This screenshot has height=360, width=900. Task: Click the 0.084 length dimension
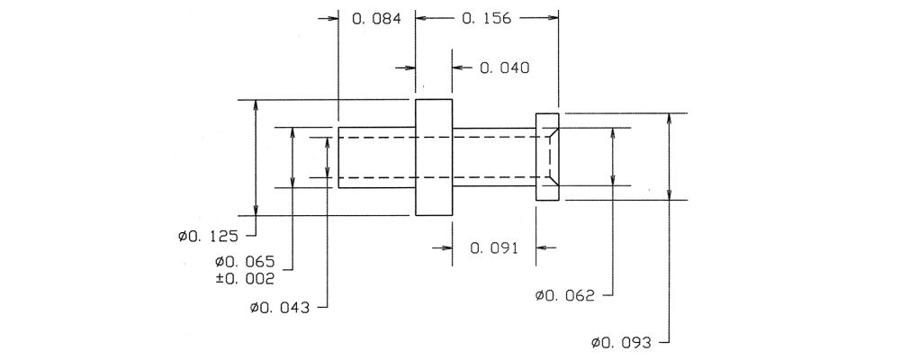(x=375, y=18)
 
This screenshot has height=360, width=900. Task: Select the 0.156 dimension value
(x=486, y=18)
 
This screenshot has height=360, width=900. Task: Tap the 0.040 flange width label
(x=505, y=68)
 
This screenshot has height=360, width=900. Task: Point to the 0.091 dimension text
(x=494, y=248)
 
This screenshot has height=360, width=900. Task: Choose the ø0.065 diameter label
(x=245, y=263)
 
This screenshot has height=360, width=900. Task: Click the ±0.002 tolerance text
(x=245, y=279)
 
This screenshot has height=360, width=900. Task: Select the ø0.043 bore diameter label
(x=280, y=309)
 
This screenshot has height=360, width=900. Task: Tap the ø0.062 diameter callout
(x=565, y=296)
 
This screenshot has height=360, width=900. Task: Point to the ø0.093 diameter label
(x=622, y=343)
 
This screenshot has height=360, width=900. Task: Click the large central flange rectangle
(x=434, y=157)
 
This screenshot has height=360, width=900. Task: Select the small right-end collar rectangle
(x=547, y=157)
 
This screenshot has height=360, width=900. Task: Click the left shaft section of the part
(x=376, y=157)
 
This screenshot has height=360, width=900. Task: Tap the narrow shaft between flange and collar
(x=493, y=157)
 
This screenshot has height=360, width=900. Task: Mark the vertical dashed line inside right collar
(x=550, y=157)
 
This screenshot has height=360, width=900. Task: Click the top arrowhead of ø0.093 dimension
(x=670, y=119)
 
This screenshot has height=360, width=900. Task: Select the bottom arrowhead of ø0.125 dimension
(x=256, y=210)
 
